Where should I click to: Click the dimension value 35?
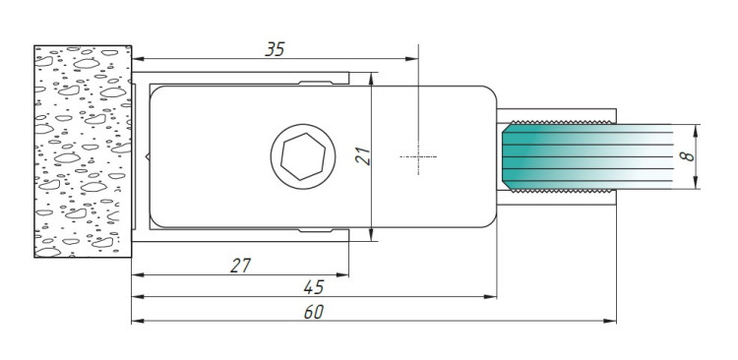[x=275, y=49]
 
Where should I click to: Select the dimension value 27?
[x=240, y=266]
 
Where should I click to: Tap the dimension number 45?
[x=314, y=287]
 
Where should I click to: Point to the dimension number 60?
[x=314, y=312]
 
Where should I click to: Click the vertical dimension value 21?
[x=363, y=156]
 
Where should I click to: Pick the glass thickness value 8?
[x=689, y=156]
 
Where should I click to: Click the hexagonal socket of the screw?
[x=303, y=156]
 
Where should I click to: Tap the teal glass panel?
[x=588, y=156]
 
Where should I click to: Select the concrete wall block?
[x=83, y=151]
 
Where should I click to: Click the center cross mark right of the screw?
[x=418, y=156]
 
